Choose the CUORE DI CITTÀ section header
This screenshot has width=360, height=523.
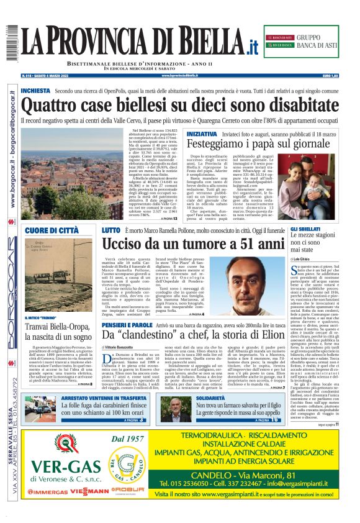[x=52, y=230]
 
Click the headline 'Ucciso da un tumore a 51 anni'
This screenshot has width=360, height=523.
[x=192, y=243]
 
